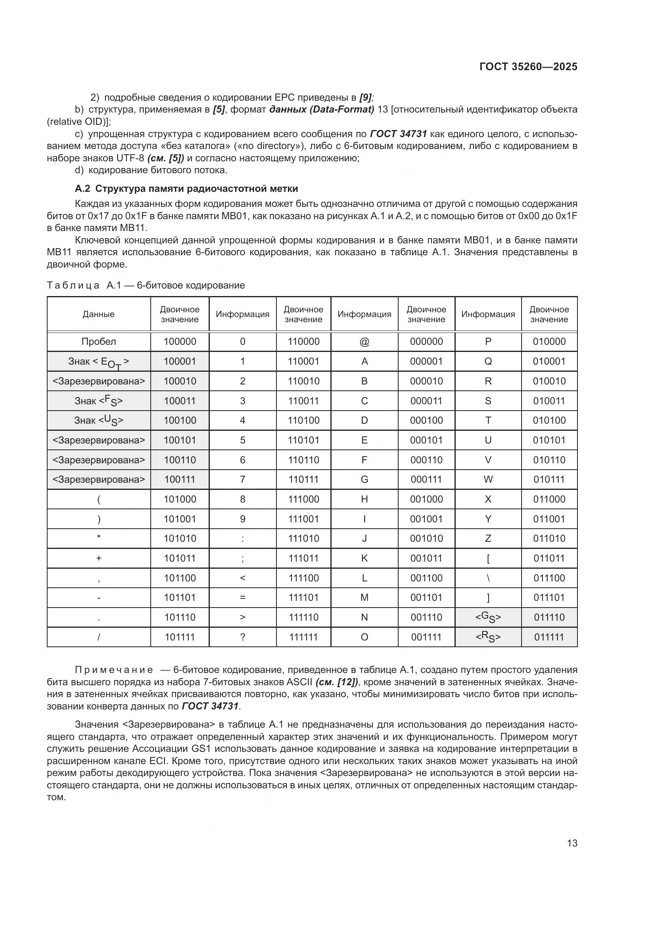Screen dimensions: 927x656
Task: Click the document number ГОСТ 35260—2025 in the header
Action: [x=528, y=67]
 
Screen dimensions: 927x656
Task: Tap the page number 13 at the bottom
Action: [x=572, y=843]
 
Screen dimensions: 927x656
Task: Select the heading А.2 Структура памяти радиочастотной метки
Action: [x=186, y=189]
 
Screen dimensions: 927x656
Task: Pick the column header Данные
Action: [x=99, y=314]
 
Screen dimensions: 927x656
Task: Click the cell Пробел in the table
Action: [x=99, y=342]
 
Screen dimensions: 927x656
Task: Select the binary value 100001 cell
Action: [x=180, y=361]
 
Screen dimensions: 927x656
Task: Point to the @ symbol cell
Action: [x=364, y=342]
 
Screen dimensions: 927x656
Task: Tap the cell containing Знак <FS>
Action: [x=99, y=401]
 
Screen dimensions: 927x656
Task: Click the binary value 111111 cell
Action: [x=303, y=637]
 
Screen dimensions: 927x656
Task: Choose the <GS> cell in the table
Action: [x=488, y=617]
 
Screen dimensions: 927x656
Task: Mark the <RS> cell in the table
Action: [x=488, y=637]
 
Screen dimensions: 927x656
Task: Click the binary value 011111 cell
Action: [x=549, y=637]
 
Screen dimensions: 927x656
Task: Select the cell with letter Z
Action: [x=488, y=539]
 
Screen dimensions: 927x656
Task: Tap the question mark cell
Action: [x=242, y=637]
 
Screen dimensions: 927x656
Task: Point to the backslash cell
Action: [x=488, y=578]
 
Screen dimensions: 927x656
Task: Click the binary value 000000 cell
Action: [x=426, y=342]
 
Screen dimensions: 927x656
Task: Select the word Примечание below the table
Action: [x=114, y=670]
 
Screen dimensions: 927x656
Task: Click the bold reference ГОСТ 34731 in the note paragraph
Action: [x=210, y=706]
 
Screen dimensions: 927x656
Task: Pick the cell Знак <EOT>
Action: [x=99, y=362]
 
